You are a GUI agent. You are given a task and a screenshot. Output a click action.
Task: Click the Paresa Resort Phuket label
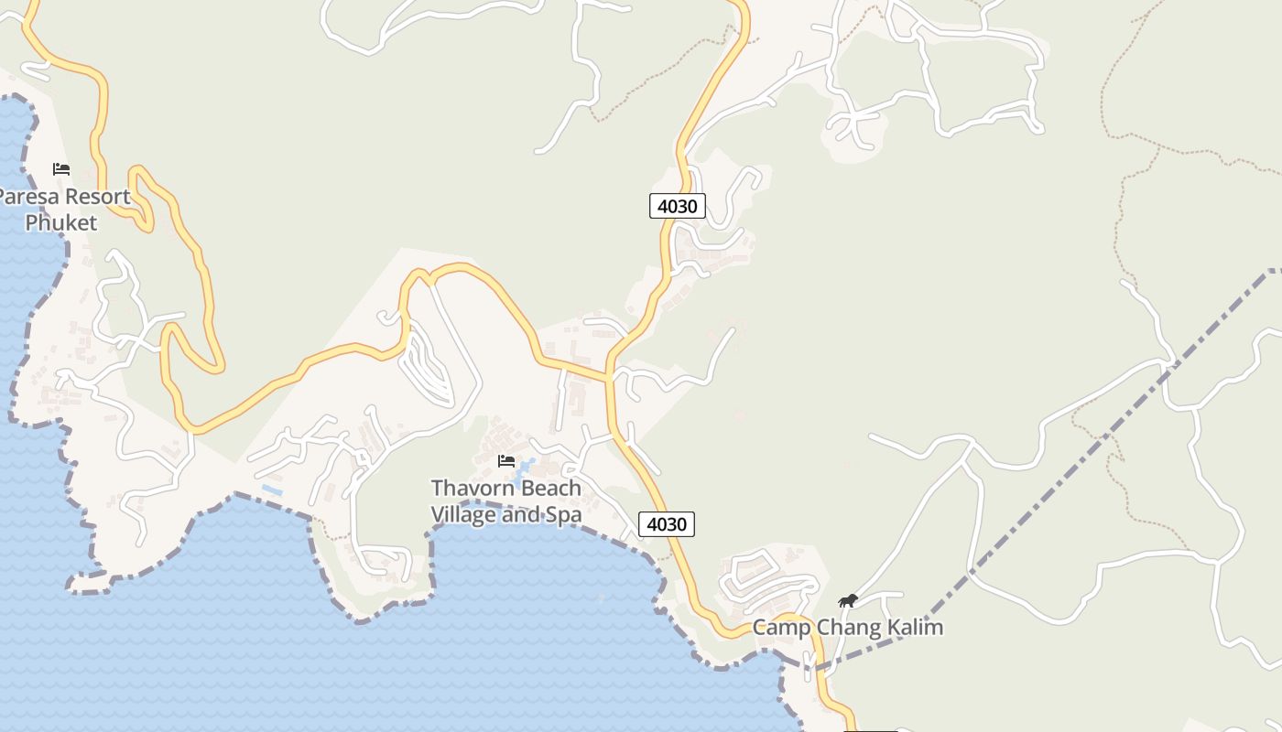pyautogui.click(x=62, y=210)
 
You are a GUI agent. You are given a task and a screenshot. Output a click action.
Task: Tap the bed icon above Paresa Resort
pyautogui.click(x=61, y=169)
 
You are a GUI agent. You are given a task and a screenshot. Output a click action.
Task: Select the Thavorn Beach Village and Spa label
pyautogui.click(x=506, y=501)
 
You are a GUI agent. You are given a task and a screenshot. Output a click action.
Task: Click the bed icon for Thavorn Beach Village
pyautogui.click(x=506, y=461)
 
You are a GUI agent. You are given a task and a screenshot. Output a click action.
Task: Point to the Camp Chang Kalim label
pyautogui.click(x=847, y=628)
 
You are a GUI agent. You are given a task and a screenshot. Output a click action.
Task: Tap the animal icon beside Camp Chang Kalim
pyautogui.click(x=848, y=601)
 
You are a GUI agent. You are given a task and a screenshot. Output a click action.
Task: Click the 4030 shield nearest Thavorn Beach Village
pyautogui.click(x=666, y=524)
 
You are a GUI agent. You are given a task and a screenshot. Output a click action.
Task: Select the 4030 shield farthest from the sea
pyautogui.click(x=678, y=206)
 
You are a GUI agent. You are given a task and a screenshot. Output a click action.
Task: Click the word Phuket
pyautogui.click(x=60, y=222)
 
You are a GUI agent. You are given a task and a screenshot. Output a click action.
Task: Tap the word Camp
pyautogui.click(x=781, y=628)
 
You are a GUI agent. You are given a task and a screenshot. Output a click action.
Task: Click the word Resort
pyautogui.click(x=96, y=197)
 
